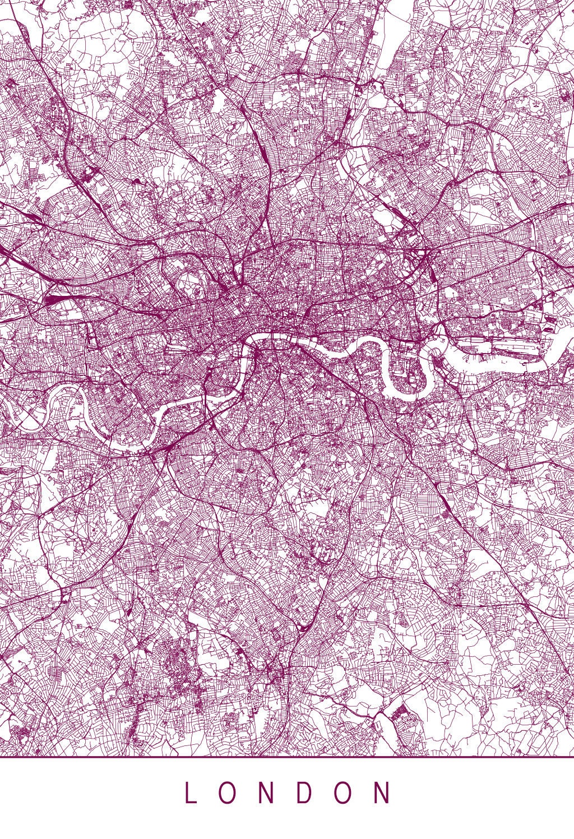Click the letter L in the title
tap(191, 794)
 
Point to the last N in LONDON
tap(383, 794)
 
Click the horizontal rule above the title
tap(287, 757)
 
